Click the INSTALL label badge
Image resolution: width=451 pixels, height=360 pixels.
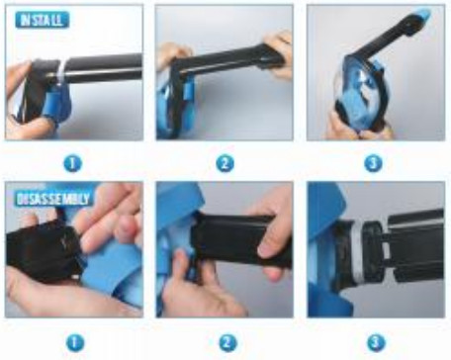(x=43, y=20)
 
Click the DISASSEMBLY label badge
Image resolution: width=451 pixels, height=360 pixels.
(x=53, y=199)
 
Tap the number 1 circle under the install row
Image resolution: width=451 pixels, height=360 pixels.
(x=72, y=163)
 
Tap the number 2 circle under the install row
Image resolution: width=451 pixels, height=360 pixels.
(x=225, y=163)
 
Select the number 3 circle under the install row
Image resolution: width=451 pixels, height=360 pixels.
(x=373, y=163)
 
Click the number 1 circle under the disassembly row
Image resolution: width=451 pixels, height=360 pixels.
(x=75, y=343)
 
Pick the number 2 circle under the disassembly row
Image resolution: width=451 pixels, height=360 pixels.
(x=227, y=343)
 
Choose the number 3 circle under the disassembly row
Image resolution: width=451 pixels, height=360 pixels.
(x=376, y=343)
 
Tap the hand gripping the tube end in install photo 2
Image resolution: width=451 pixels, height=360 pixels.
(x=279, y=52)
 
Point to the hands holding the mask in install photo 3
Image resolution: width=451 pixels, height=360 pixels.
(x=358, y=129)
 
